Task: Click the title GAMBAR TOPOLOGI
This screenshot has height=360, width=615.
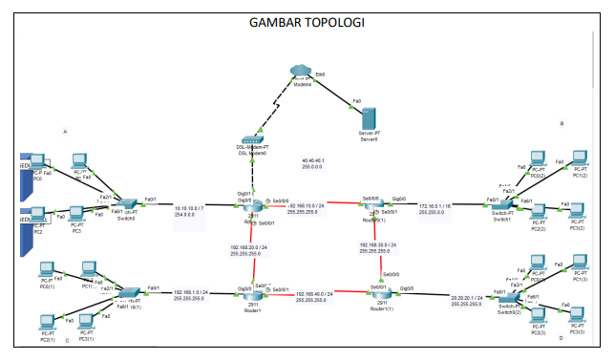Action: coord(307,22)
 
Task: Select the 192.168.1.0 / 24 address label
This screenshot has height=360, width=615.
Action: coord(195,295)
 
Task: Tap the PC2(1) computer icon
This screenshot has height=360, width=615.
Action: coord(45,325)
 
